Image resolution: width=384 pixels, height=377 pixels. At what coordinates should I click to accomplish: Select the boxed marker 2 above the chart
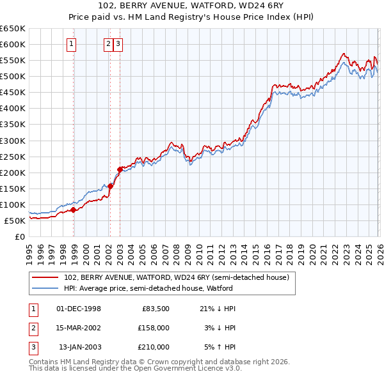(x=109, y=44)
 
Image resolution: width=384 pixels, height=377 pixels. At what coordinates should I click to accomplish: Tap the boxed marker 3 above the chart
(x=119, y=44)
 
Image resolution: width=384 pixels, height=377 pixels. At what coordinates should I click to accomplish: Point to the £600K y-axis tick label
(x=13, y=44)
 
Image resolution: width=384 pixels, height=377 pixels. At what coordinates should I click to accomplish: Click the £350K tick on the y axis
(x=13, y=125)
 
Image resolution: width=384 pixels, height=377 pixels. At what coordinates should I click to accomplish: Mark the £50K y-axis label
(x=15, y=220)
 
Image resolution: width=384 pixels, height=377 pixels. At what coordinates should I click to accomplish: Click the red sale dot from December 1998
(x=74, y=210)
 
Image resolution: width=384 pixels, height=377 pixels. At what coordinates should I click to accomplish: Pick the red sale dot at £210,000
(x=120, y=169)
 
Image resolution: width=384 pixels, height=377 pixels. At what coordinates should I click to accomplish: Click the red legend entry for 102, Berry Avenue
(x=177, y=277)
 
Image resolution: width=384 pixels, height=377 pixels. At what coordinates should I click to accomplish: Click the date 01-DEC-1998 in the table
(x=79, y=309)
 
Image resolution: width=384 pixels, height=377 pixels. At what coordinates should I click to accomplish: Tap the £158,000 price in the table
(x=154, y=328)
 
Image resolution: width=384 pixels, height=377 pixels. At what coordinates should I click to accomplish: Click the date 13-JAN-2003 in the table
(x=79, y=347)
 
